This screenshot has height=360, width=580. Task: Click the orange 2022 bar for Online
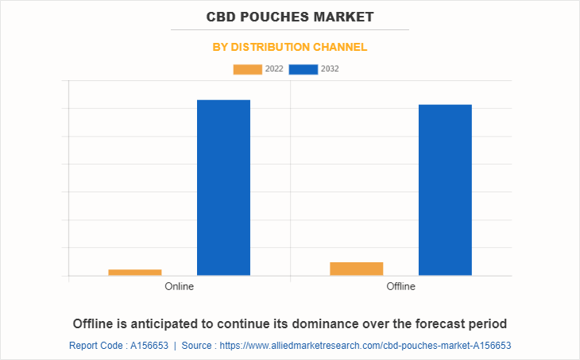point(135,272)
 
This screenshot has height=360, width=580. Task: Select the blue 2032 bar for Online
point(223,188)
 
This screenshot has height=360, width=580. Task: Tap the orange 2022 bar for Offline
point(356,269)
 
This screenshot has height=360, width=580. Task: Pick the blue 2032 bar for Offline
point(445,190)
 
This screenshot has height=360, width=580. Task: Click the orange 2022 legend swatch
point(247,69)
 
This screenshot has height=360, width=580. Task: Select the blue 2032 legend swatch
point(304,69)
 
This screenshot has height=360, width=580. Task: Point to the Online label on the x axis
point(179,286)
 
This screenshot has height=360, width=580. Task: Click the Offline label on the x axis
point(400,286)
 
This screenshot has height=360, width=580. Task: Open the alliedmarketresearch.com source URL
point(365,346)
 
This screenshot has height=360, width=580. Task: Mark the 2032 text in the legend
point(330,69)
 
